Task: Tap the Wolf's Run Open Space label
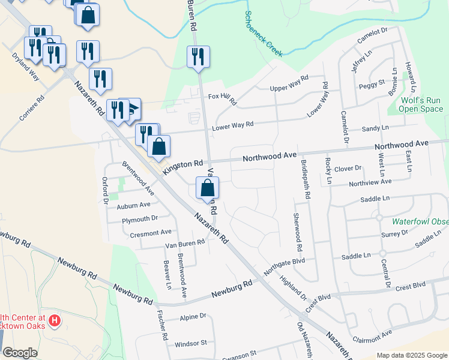click(421, 105)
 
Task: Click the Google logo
click(20, 353)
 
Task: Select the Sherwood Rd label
click(297, 232)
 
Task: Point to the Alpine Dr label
click(193, 316)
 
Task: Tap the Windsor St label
click(190, 344)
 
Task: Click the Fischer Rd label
click(161, 325)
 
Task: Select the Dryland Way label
click(25, 65)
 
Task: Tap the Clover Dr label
click(348, 169)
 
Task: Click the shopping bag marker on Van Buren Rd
click(207, 188)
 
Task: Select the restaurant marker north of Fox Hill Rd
click(198, 58)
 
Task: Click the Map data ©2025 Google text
click(411, 355)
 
